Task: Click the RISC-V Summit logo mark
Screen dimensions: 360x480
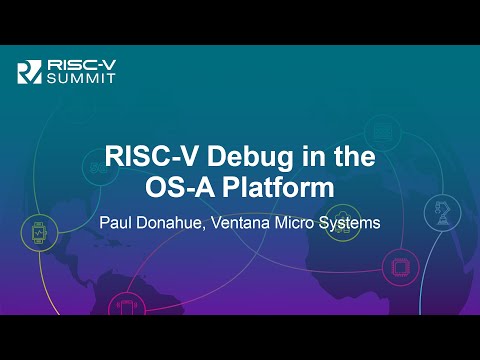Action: [x=29, y=71]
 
